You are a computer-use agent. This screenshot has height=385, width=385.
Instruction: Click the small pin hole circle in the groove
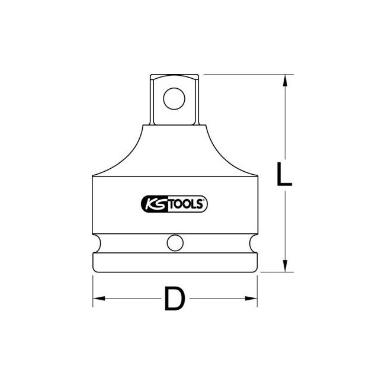coord(174,243)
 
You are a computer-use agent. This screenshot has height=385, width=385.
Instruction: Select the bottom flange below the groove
coord(174,262)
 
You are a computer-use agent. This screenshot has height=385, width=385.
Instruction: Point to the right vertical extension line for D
coord(258,290)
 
